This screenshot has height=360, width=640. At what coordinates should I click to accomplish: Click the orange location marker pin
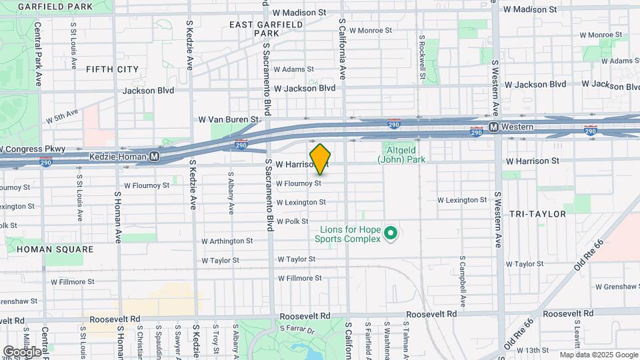[x=321, y=159]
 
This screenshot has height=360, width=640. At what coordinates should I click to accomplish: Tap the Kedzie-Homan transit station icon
[x=155, y=157]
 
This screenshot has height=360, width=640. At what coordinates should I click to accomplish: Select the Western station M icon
[x=493, y=127]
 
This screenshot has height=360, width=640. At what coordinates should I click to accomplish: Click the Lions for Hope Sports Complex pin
[x=391, y=233]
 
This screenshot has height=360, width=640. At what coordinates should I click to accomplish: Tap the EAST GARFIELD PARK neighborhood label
[x=266, y=29]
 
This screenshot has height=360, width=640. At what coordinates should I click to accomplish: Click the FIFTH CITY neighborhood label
[x=112, y=69]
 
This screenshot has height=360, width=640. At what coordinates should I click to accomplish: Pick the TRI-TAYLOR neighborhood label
[x=537, y=214]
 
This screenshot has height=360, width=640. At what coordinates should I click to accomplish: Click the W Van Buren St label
[x=228, y=119]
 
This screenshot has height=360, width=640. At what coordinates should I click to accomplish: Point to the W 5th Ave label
[x=62, y=117]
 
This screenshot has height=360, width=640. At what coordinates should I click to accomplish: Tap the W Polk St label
[x=293, y=221]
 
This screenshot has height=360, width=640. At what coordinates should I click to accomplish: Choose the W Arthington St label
[x=227, y=241]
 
